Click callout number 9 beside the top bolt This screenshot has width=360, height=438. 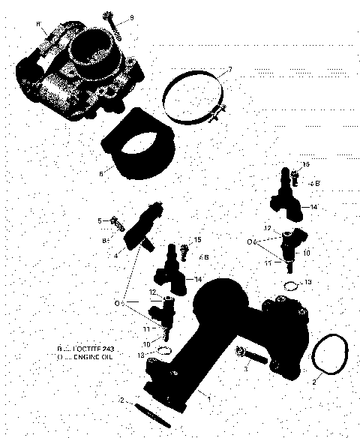pos(132,17)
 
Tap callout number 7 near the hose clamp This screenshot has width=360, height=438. pos(229,70)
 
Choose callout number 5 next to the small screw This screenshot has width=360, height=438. pos(99,220)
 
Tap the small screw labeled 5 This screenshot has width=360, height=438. pos(115,221)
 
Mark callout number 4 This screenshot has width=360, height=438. pos(116,255)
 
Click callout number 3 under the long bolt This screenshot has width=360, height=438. pos(246,369)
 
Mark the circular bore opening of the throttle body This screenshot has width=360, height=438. pos(94,51)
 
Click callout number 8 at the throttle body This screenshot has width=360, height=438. pos(37,24)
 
